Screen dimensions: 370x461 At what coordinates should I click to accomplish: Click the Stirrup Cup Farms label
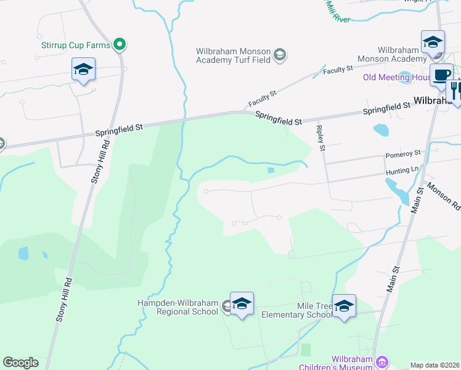click(x=75, y=45)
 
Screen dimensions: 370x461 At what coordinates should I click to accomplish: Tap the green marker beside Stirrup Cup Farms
click(x=120, y=44)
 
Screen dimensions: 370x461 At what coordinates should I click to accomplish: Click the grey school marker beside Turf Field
click(x=280, y=55)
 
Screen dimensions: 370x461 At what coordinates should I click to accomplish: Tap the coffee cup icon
click(x=441, y=75)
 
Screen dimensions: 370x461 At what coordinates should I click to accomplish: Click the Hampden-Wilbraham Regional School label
click(x=179, y=307)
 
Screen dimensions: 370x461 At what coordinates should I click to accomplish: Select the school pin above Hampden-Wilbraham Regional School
click(x=242, y=303)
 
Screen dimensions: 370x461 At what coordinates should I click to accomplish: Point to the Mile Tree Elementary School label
click(x=297, y=310)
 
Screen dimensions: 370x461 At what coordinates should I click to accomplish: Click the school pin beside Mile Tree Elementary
click(x=344, y=306)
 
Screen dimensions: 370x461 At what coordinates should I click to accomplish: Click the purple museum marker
click(x=383, y=361)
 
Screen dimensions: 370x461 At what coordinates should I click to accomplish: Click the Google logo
click(x=20, y=363)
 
